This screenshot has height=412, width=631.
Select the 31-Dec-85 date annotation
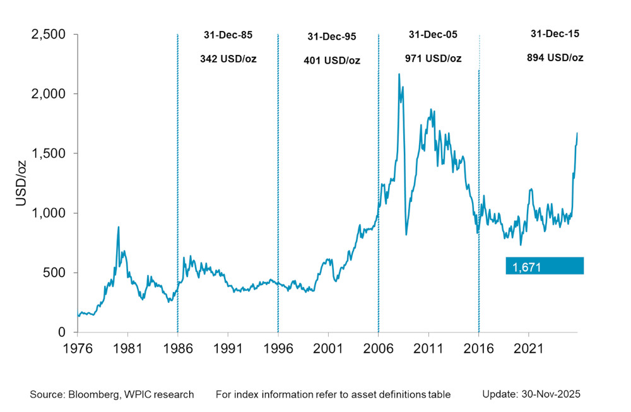click(x=228, y=35)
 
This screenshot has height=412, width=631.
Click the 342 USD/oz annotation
click(x=228, y=59)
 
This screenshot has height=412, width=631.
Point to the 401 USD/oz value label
click(x=332, y=61)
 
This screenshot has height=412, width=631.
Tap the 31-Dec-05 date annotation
click(x=433, y=35)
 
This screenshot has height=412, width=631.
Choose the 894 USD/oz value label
click(x=555, y=57)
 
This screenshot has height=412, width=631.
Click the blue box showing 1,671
click(x=545, y=266)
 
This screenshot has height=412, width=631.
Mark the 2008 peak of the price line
click(x=399, y=74)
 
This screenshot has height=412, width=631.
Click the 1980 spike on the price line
click(x=119, y=227)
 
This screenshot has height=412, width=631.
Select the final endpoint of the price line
click(x=577, y=133)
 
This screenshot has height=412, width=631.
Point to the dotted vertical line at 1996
click(x=278, y=189)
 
